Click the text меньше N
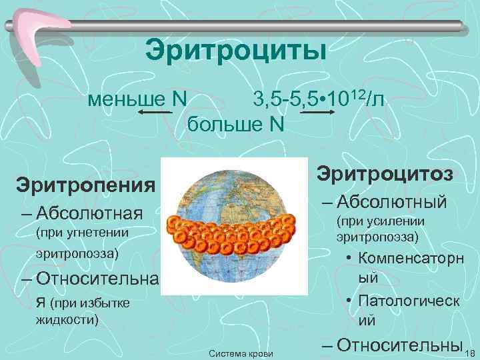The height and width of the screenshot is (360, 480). pos(138,99)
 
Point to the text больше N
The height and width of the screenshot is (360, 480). pos(235,124)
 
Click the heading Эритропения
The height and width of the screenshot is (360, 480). pos(85,183)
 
